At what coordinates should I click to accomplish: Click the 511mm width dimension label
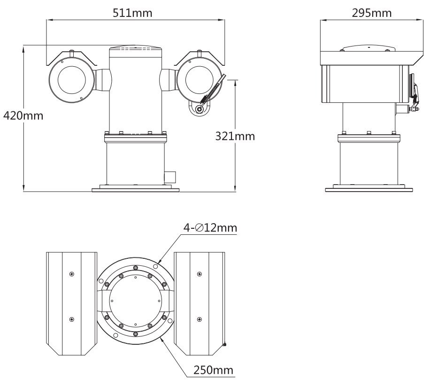(132, 12)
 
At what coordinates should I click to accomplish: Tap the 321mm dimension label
(235, 136)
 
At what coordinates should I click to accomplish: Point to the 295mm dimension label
(371, 12)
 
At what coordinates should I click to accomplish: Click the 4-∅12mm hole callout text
(210, 228)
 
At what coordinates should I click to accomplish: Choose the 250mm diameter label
(213, 369)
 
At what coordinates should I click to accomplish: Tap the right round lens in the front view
(199, 79)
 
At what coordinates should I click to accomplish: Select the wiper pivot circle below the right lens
(200, 109)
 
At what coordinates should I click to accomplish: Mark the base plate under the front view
(135, 189)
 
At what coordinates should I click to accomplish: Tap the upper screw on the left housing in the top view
(71, 274)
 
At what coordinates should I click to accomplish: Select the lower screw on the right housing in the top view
(200, 319)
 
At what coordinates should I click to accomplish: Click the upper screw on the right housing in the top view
(200, 274)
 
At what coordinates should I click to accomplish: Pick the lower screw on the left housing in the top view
(71, 319)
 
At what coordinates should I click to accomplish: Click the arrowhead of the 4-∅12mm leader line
(161, 261)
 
